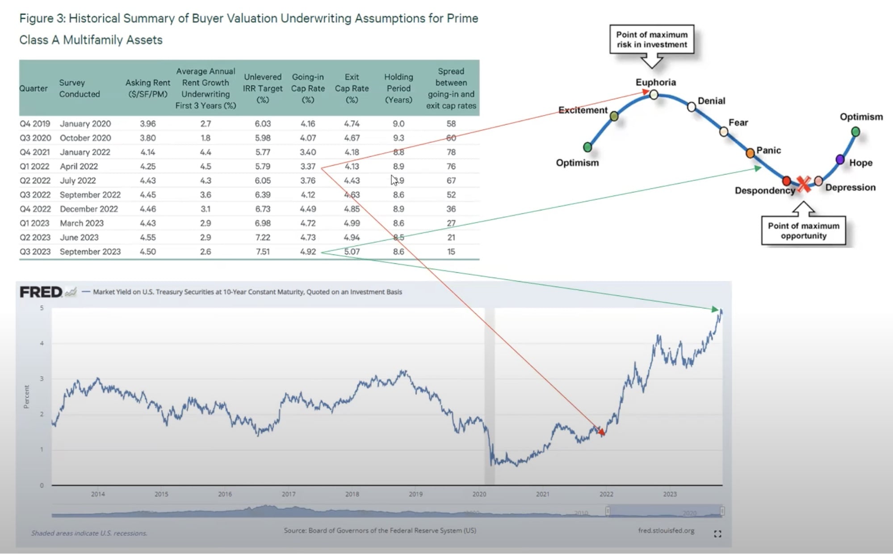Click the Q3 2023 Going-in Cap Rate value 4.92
308,252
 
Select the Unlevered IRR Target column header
263,88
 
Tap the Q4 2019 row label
34,124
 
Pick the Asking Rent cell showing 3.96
148,124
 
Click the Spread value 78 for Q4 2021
451,152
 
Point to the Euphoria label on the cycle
655,83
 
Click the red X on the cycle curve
803,183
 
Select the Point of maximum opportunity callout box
803,231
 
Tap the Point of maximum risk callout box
652,40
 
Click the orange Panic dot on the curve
750,153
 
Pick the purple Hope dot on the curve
840,159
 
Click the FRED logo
41,292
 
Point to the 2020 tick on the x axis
479,494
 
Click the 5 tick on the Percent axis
42,308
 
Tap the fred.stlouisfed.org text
666,531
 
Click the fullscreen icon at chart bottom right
717,534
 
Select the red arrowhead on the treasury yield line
601,432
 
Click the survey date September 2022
90,195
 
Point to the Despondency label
765,191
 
